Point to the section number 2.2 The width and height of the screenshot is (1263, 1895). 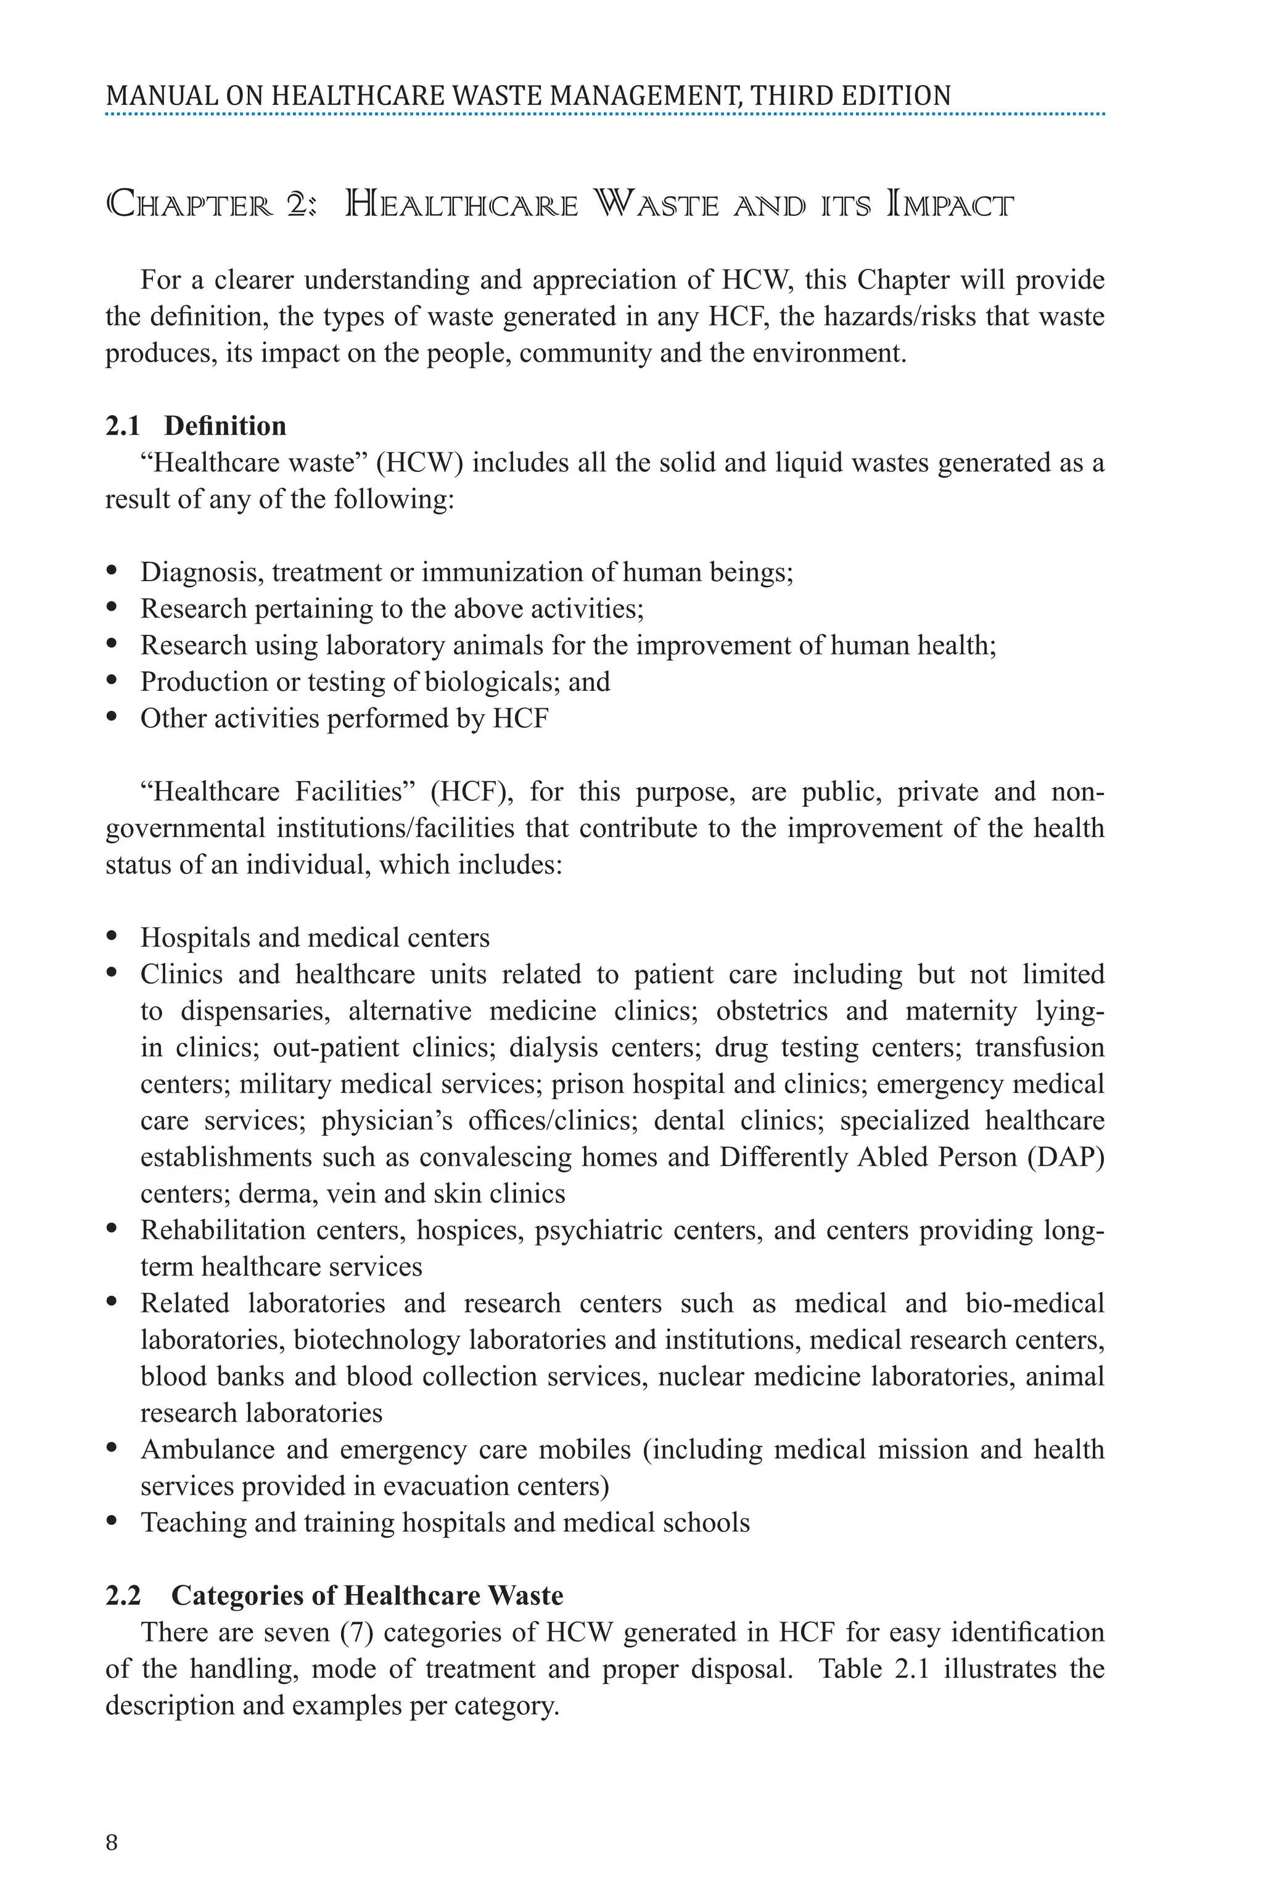[123, 1595]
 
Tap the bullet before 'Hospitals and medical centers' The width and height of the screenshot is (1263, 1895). [112, 937]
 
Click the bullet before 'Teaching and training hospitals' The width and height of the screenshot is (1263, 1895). [112, 1522]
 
